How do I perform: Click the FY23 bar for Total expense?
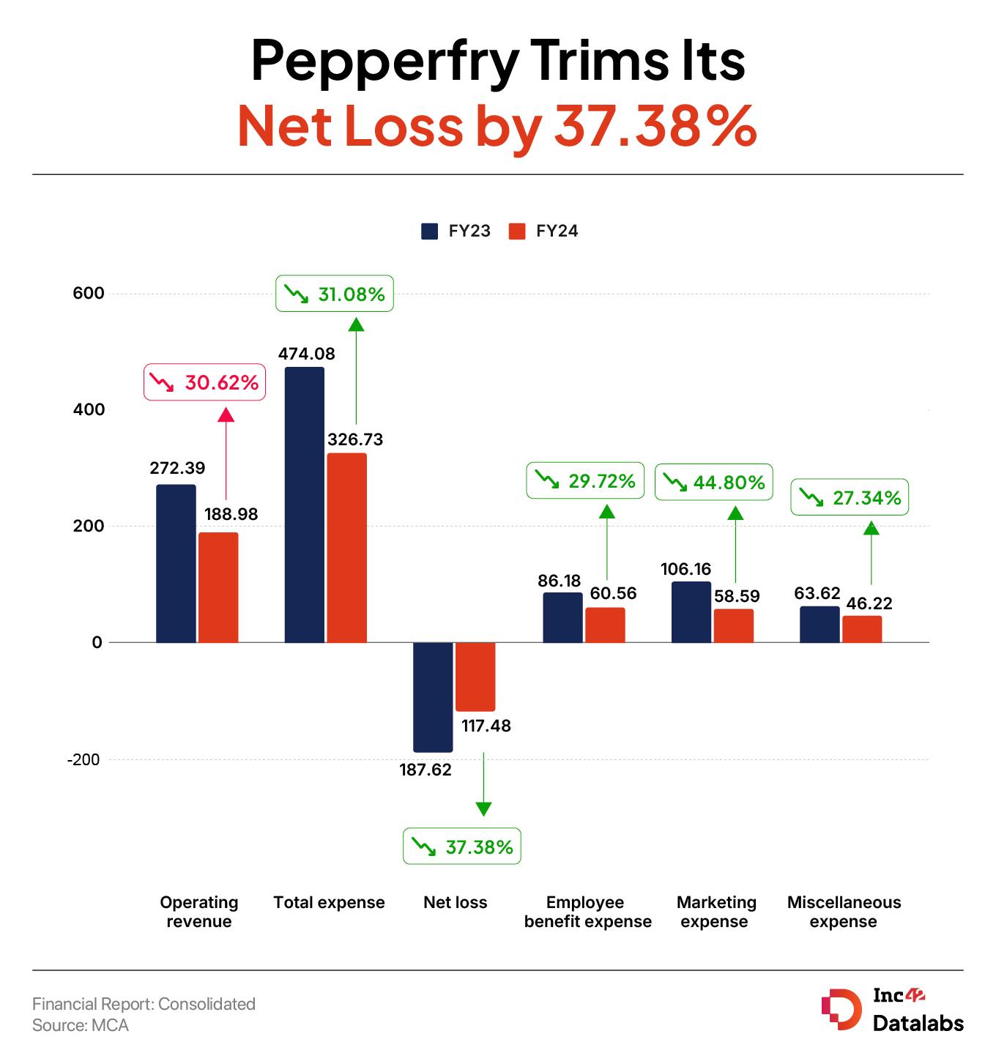click(x=304, y=505)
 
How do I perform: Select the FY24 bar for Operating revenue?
click(x=218, y=587)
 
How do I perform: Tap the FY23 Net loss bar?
click(x=433, y=697)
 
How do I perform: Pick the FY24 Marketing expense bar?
click(x=733, y=625)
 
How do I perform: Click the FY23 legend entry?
click(x=456, y=231)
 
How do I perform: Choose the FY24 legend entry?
click(x=543, y=231)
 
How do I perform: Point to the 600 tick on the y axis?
click(x=89, y=294)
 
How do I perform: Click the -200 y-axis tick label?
click(x=83, y=760)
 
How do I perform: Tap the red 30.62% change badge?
click(x=204, y=382)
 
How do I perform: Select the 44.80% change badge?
click(x=713, y=482)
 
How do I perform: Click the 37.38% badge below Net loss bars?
click(x=461, y=847)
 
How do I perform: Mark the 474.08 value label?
click(x=306, y=354)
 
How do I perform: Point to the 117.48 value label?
click(x=486, y=726)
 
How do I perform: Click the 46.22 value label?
click(x=869, y=603)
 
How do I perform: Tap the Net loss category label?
click(x=455, y=902)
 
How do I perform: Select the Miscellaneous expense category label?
click(x=844, y=912)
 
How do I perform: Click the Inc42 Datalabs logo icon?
click(x=841, y=1009)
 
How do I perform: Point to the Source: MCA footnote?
click(x=81, y=1025)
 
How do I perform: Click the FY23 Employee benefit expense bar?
click(x=562, y=617)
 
